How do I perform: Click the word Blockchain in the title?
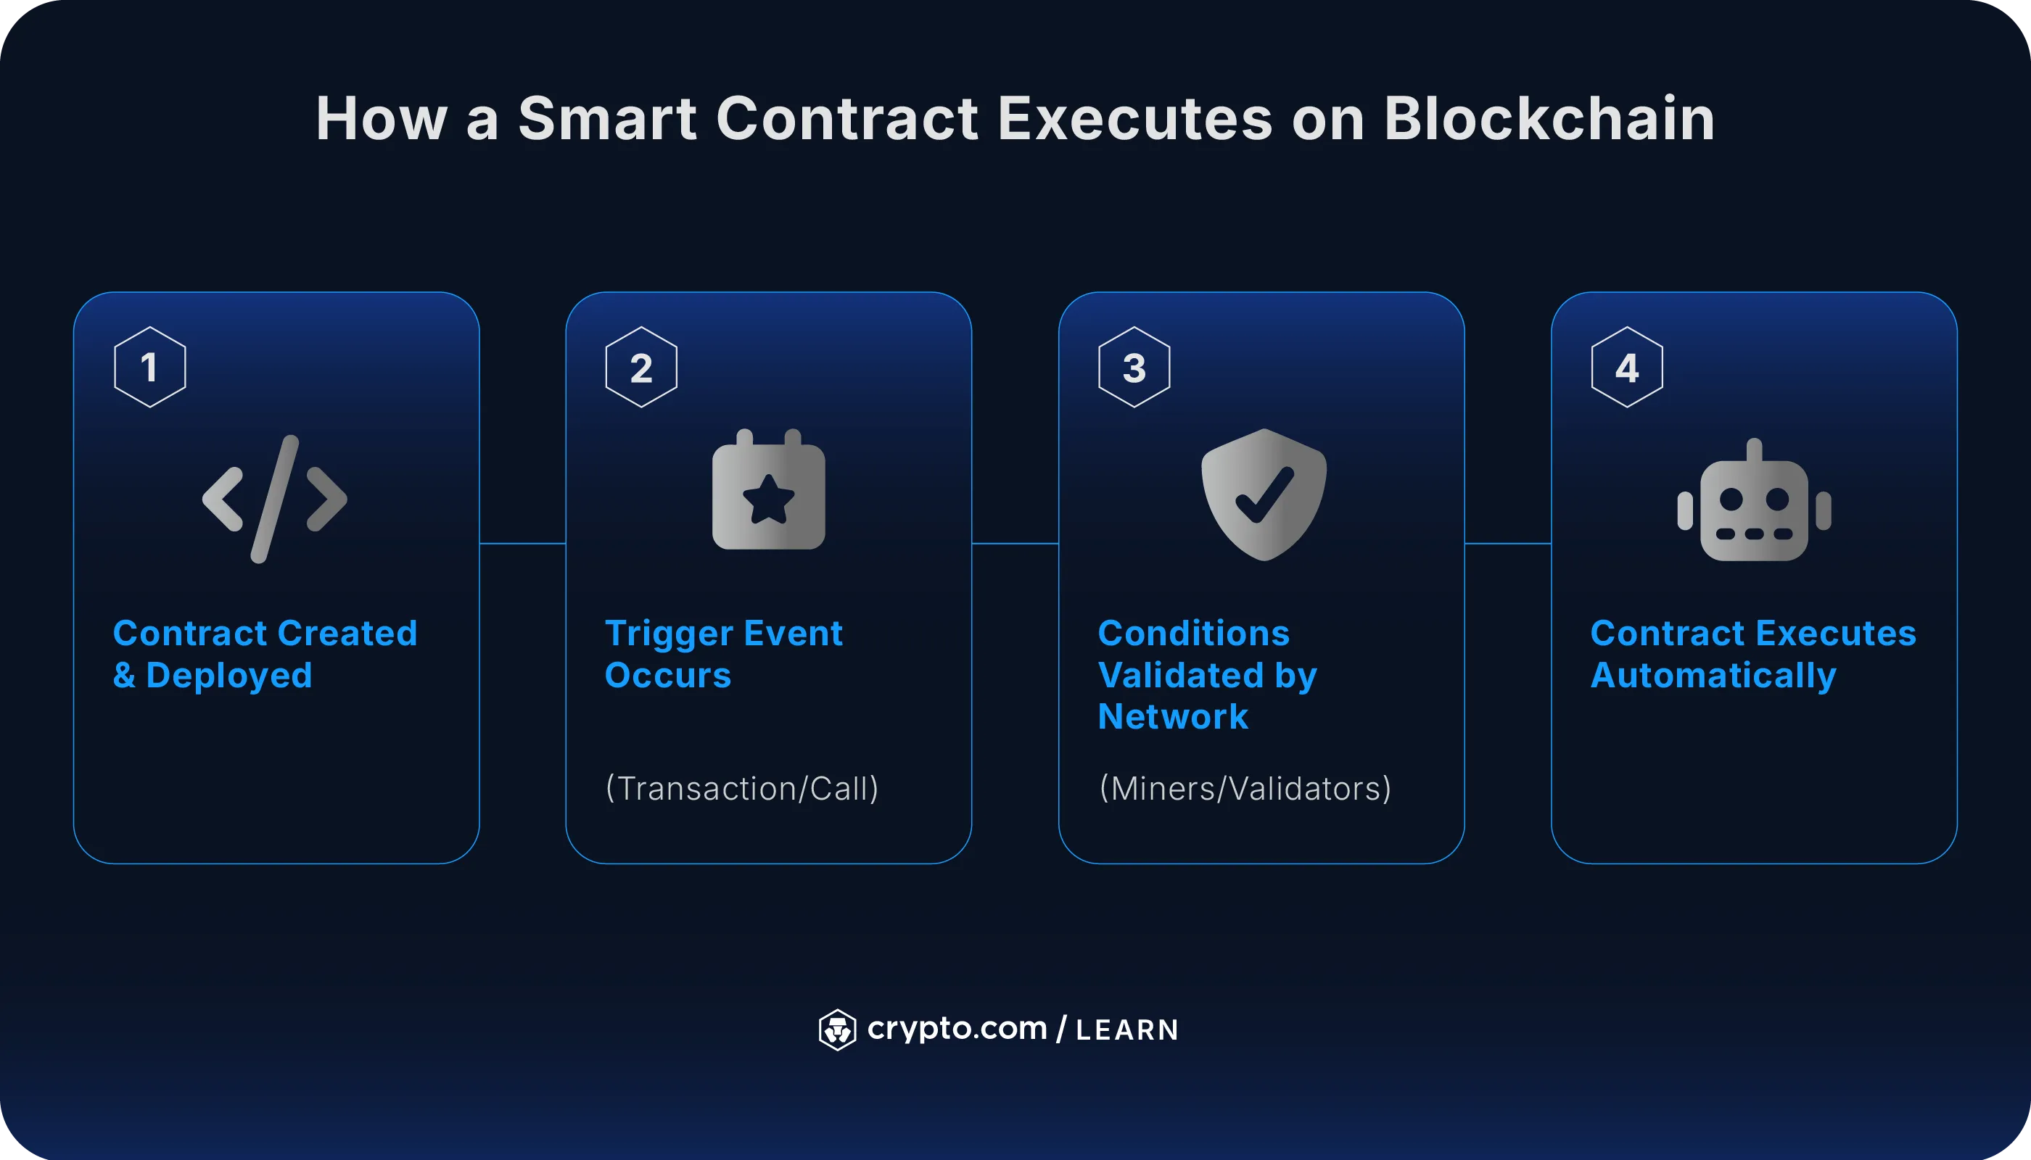(x=1548, y=119)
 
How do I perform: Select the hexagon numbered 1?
(x=150, y=368)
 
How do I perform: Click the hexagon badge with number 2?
(x=642, y=368)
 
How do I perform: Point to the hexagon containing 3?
(x=1134, y=368)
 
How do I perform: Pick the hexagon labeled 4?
(x=1627, y=368)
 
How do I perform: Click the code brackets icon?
(x=275, y=499)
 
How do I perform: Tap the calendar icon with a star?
(x=768, y=491)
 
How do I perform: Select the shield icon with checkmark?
(x=1264, y=494)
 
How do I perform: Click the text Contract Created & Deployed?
(x=265, y=654)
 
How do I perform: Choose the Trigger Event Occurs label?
(x=723, y=654)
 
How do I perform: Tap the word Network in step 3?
(x=1172, y=717)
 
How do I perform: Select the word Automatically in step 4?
(x=1713, y=676)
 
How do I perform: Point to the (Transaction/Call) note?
(x=742, y=788)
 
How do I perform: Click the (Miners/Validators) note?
(x=1245, y=788)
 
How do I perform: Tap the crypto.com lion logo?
(x=837, y=1029)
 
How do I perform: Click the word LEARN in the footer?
(x=1127, y=1030)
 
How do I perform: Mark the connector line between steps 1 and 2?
(x=522, y=543)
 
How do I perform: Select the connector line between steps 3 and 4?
(x=1507, y=543)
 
